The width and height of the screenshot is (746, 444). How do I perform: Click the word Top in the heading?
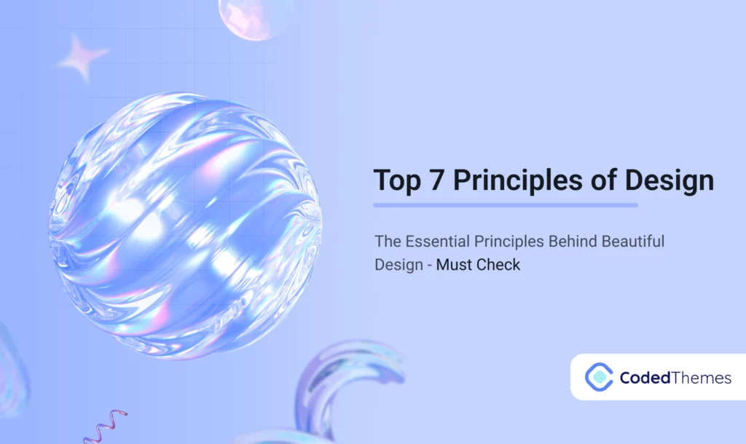tap(398, 181)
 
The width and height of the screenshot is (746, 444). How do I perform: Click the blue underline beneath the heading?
tap(506, 205)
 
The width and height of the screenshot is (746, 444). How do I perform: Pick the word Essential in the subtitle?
tap(436, 240)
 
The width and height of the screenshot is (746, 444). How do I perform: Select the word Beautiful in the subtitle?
tap(634, 240)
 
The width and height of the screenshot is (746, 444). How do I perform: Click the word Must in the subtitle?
tap(455, 265)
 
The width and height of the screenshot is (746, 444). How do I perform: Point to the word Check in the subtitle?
tap(499, 265)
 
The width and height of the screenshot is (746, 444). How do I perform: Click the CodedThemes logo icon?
tap(599, 376)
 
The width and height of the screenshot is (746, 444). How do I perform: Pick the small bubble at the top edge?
tap(255, 16)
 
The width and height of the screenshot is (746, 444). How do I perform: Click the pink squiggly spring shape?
tap(105, 426)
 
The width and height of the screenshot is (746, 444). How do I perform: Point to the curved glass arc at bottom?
tap(342, 386)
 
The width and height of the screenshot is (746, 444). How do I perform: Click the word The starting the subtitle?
tap(388, 240)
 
